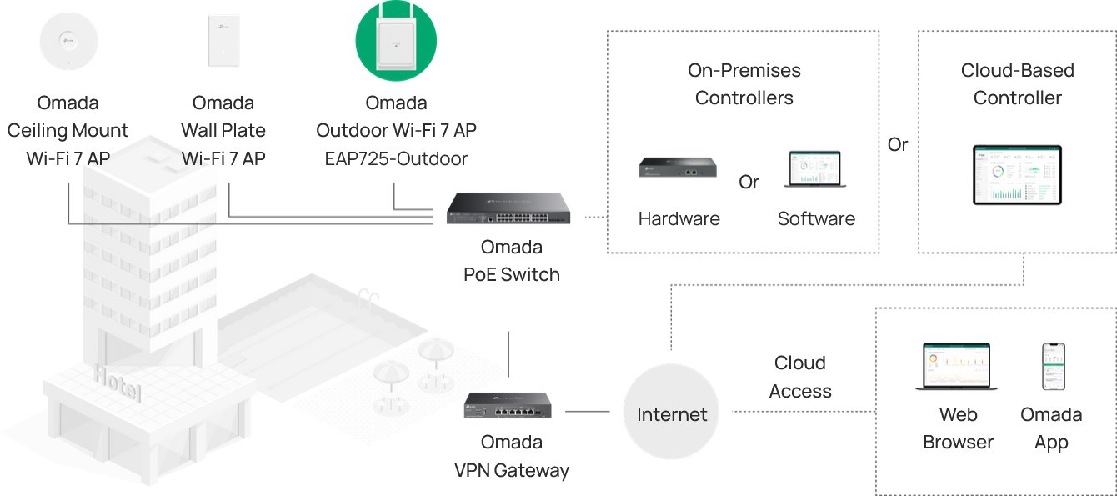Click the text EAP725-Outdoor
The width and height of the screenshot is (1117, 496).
396,158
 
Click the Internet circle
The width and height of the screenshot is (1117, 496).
671,414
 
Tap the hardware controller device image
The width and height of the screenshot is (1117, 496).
679,168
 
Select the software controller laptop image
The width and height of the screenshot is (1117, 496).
815,169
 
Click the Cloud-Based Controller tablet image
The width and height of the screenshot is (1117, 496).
1017,175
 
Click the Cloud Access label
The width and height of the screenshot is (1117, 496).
800,377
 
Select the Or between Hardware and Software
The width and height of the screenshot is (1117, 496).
749,182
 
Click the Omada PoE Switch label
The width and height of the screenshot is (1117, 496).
511,260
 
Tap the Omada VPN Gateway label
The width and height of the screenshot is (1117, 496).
511,456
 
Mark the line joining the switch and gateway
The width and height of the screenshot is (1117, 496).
508,353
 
